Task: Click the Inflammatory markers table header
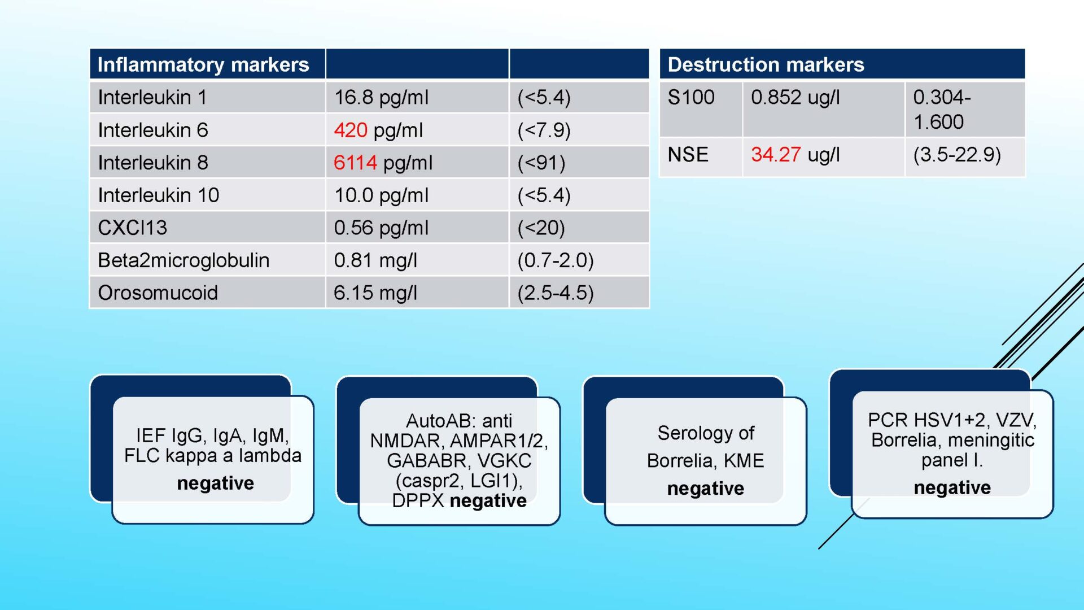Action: tap(203, 64)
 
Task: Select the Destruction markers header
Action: tap(766, 64)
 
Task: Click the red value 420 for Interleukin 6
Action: tap(351, 130)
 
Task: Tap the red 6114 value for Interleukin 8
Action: tap(355, 163)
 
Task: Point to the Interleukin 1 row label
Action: tap(152, 97)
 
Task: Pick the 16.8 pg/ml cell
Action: tap(381, 98)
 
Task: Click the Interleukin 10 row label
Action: tap(159, 195)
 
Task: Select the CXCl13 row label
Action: tap(133, 228)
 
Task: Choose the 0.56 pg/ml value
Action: tap(381, 228)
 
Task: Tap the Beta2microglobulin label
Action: tap(183, 260)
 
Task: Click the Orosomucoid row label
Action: tap(158, 293)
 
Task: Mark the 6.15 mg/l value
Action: tap(375, 293)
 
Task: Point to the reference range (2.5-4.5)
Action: tap(556, 293)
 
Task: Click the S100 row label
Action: tap(691, 97)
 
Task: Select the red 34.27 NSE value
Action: tap(776, 154)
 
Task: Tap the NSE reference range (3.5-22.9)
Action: tap(957, 155)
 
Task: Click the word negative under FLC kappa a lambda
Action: tap(215, 483)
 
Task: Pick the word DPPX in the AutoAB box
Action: tap(418, 500)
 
